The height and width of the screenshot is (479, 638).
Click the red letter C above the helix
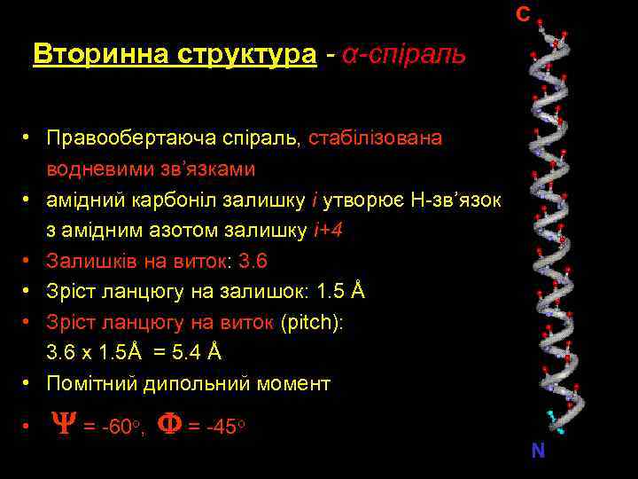(x=524, y=14)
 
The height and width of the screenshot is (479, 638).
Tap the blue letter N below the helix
(x=538, y=451)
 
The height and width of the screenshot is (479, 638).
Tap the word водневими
(x=97, y=169)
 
